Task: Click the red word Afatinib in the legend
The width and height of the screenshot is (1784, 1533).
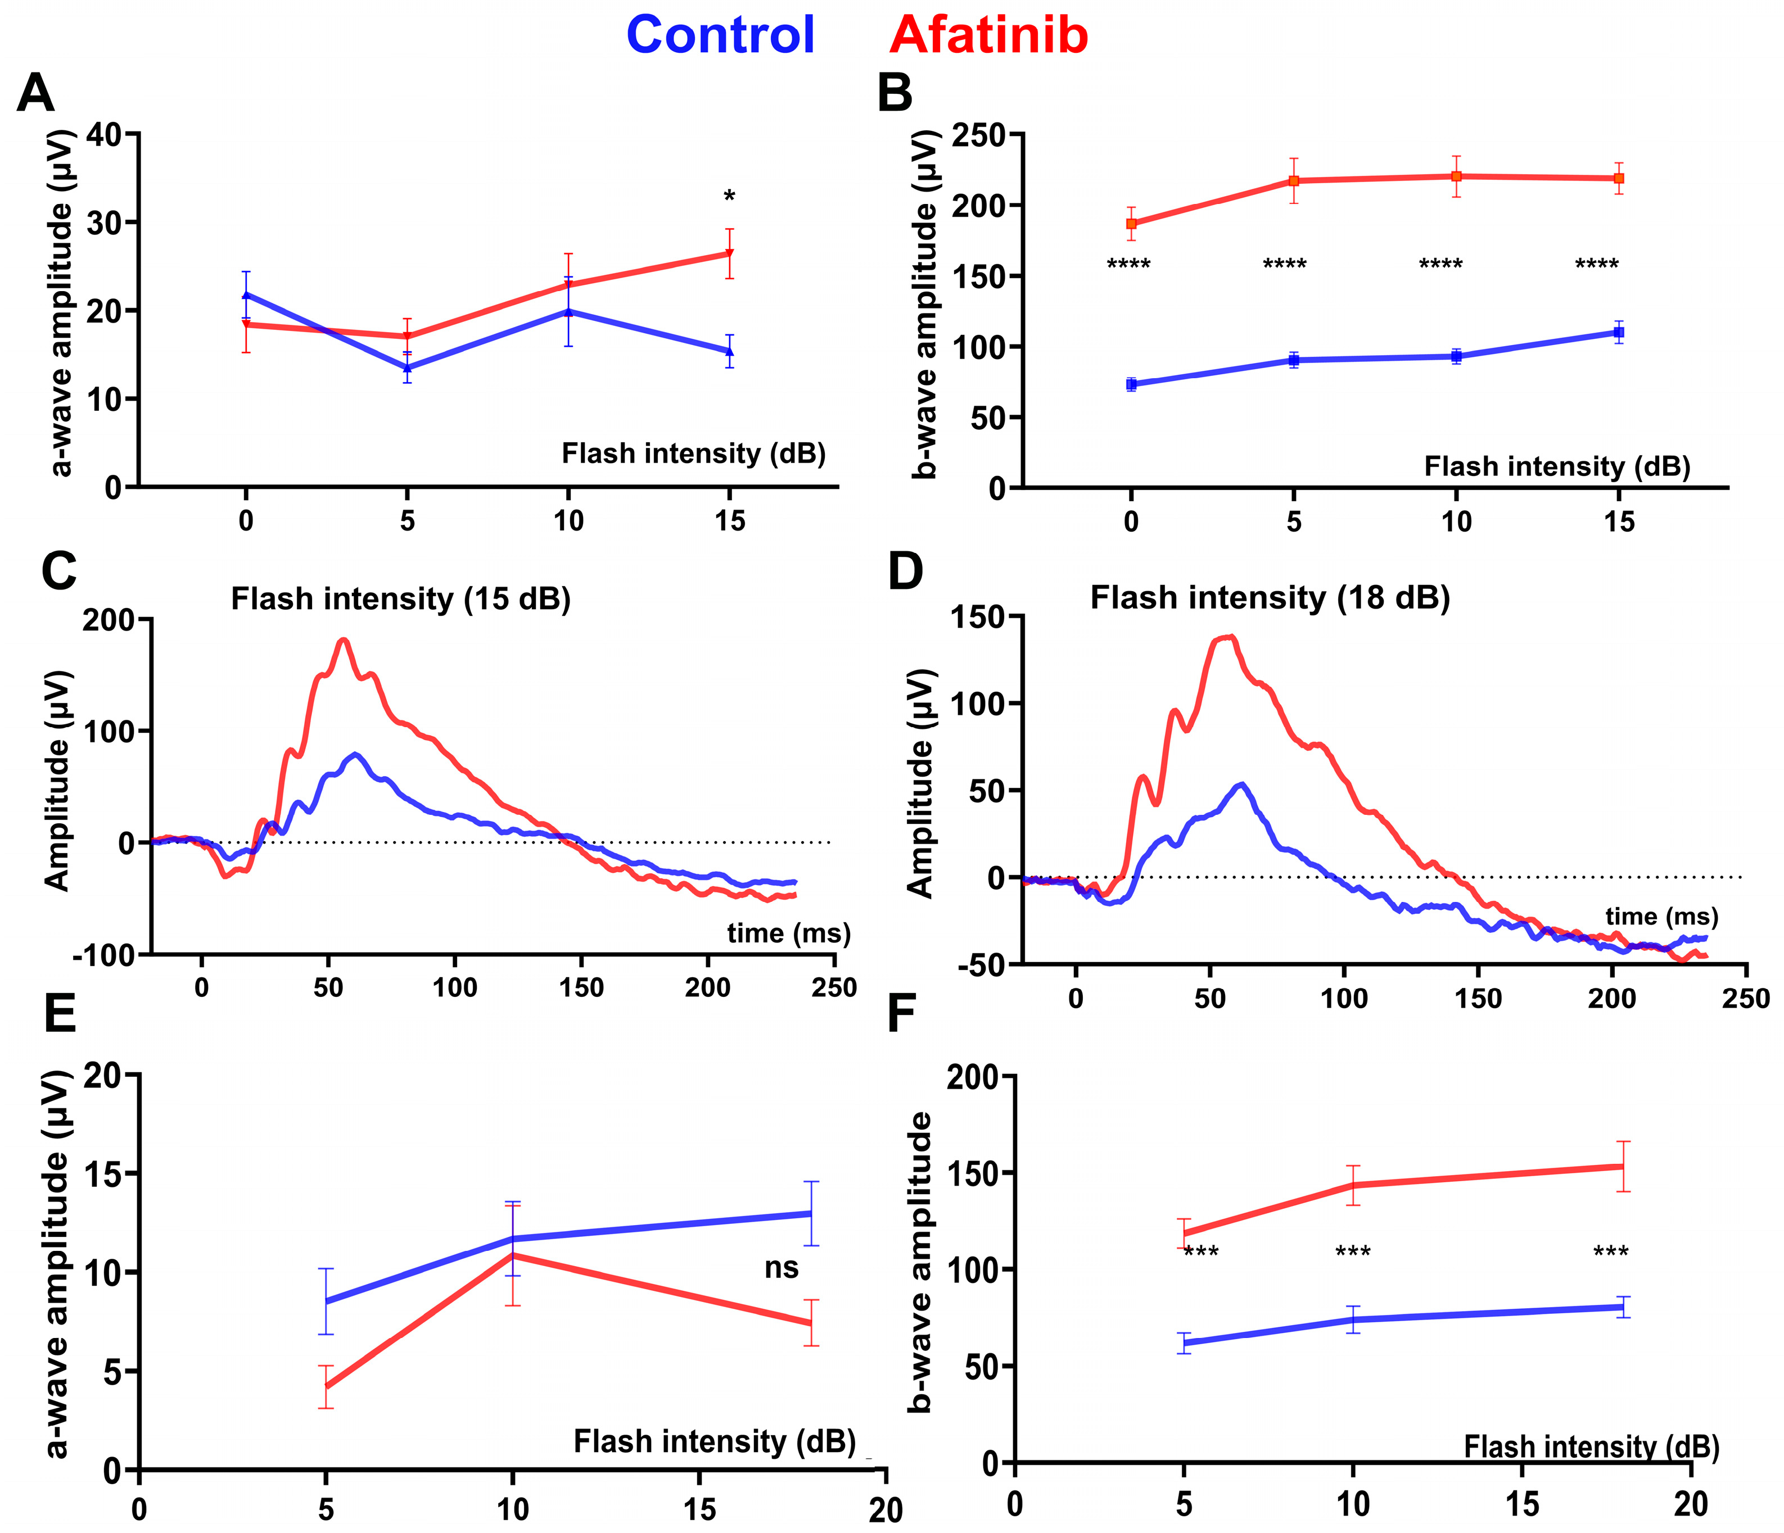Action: pos(988,35)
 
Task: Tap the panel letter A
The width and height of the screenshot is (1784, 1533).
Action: pos(35,93)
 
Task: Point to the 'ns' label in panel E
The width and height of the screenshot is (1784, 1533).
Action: pos(781,1268)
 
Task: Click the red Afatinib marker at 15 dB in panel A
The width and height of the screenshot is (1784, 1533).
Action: pos(729,253)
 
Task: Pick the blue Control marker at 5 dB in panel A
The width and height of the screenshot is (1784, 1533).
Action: pos(407,368)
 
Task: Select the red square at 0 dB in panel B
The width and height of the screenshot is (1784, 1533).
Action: pos(1131,224)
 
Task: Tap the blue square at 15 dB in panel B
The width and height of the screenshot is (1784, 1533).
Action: pos(1619,332)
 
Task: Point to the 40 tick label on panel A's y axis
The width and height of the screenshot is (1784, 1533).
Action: pos(104,134)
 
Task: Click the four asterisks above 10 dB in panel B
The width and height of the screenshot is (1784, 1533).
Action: pos(1440,264)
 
